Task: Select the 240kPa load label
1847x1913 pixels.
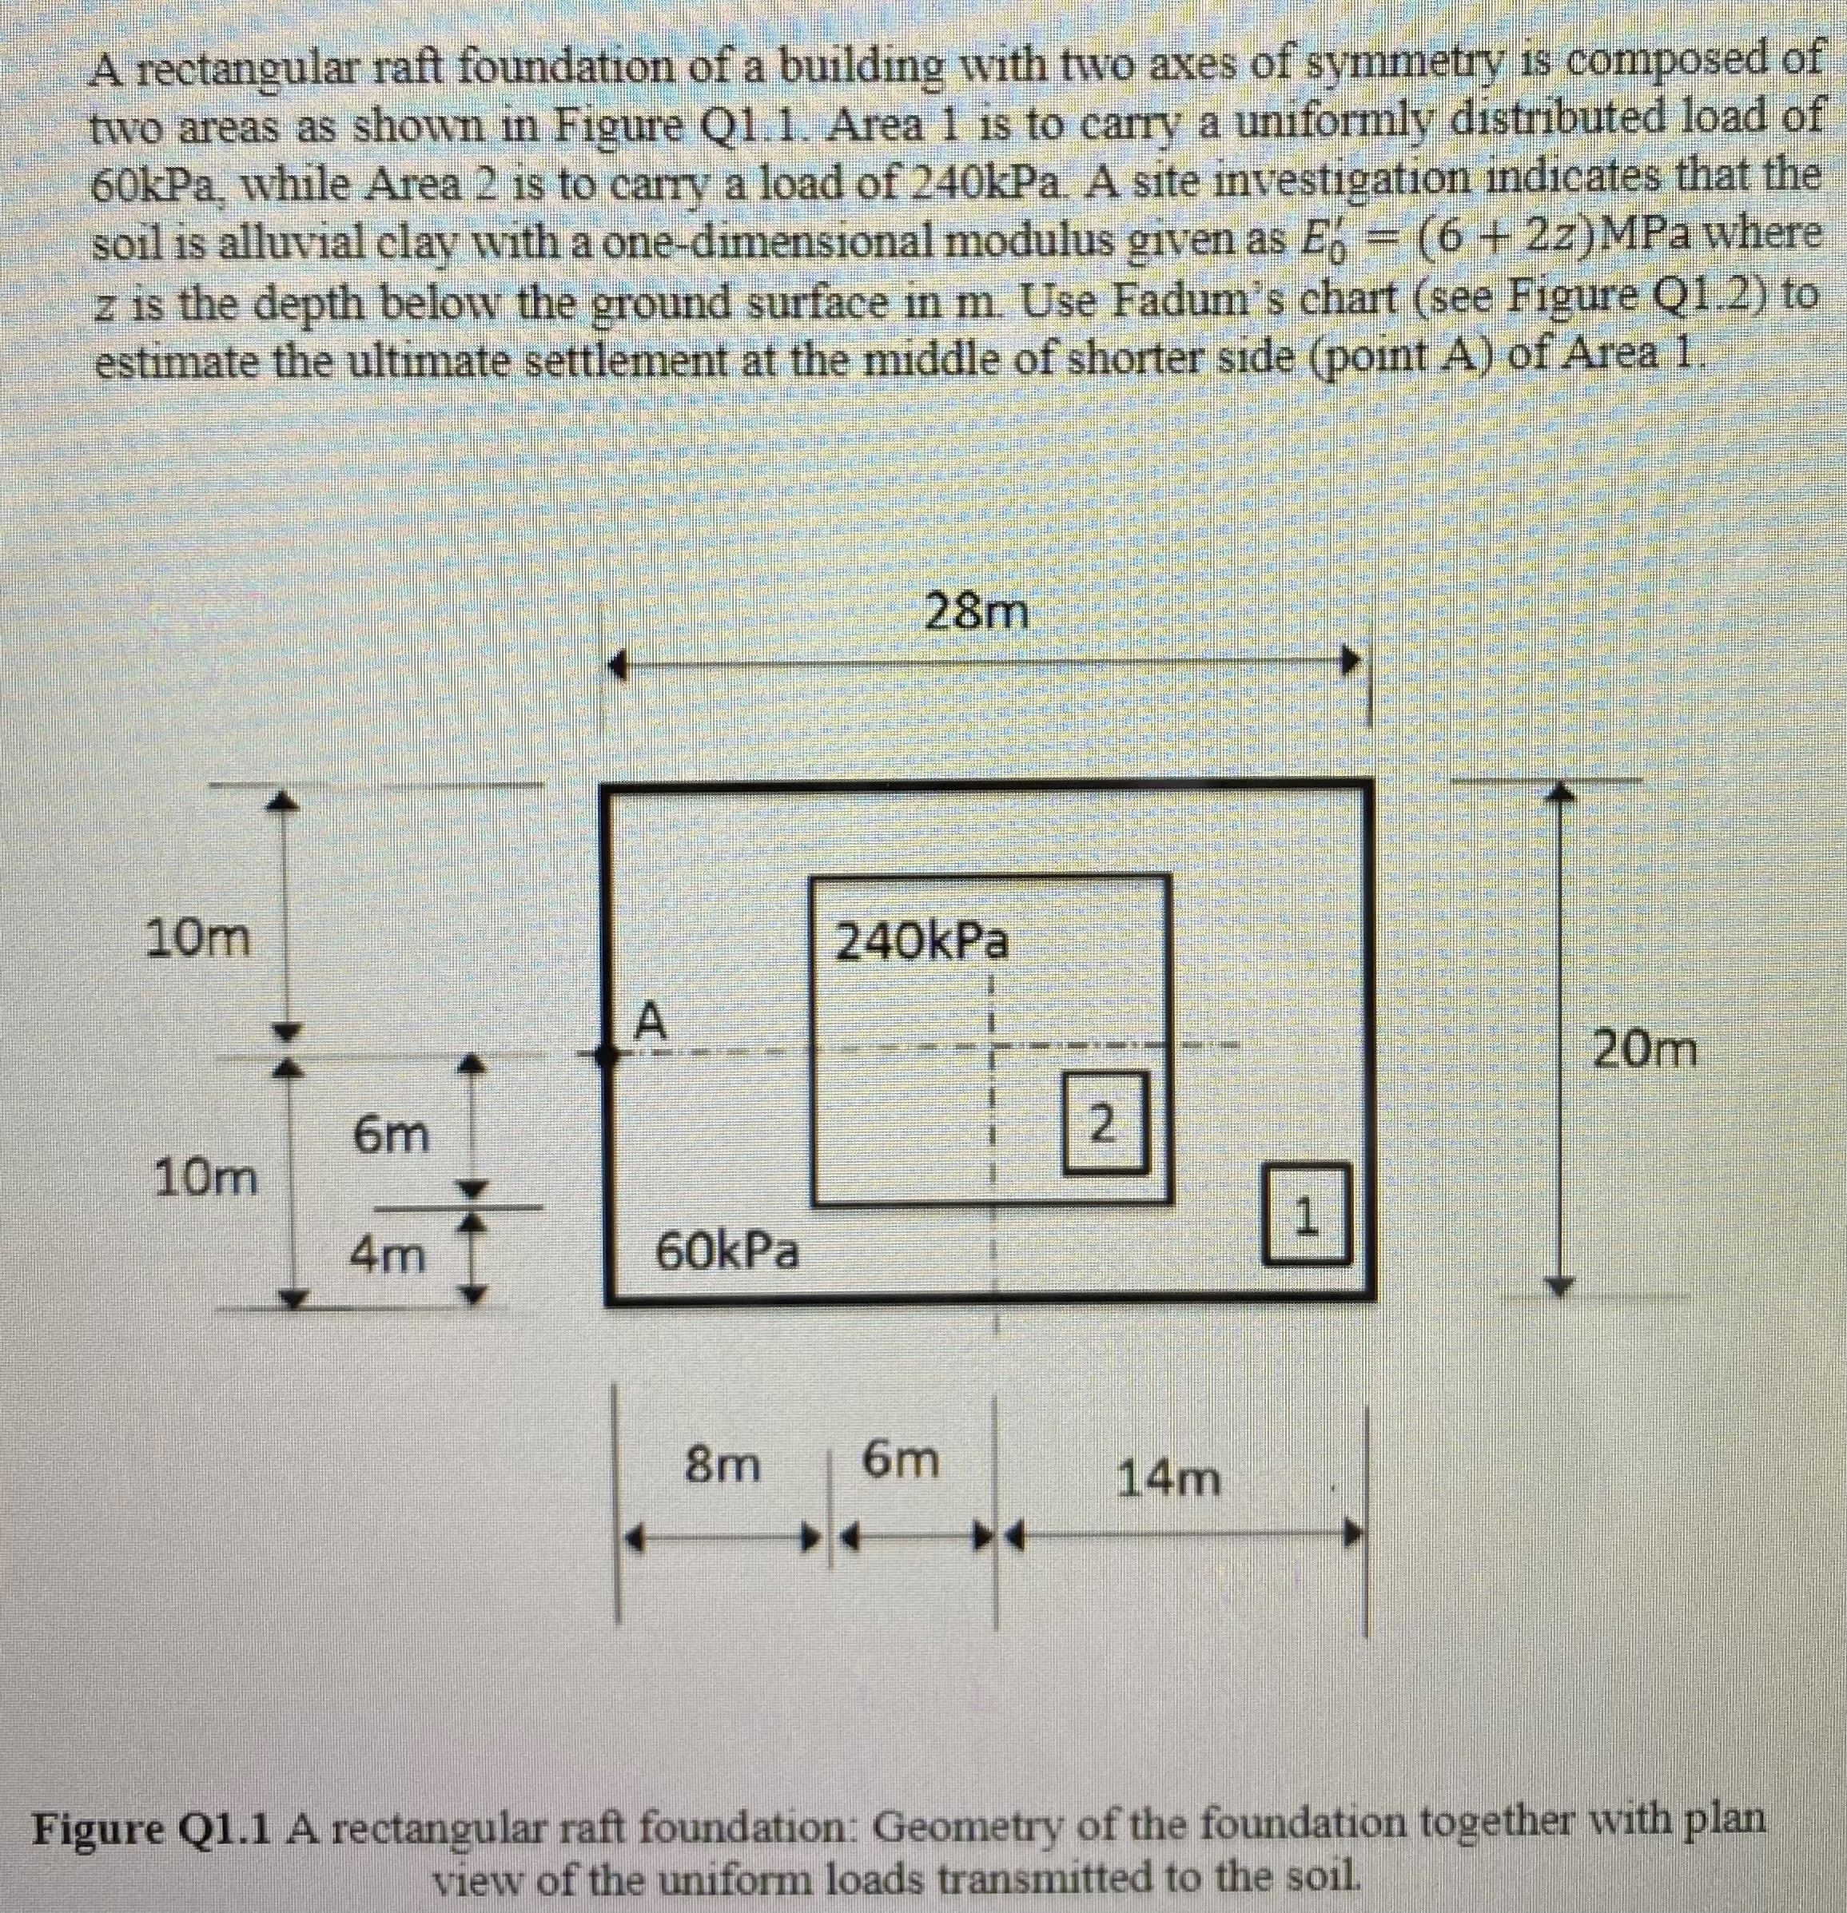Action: [x=922, y=942]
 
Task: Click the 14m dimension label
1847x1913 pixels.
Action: [x=1168, y=1478]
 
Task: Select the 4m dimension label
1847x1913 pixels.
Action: [x=388, y=1255]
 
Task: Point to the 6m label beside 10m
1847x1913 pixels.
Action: [x=391, y=1135]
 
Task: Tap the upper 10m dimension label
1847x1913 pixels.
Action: [x=197, y=939]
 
